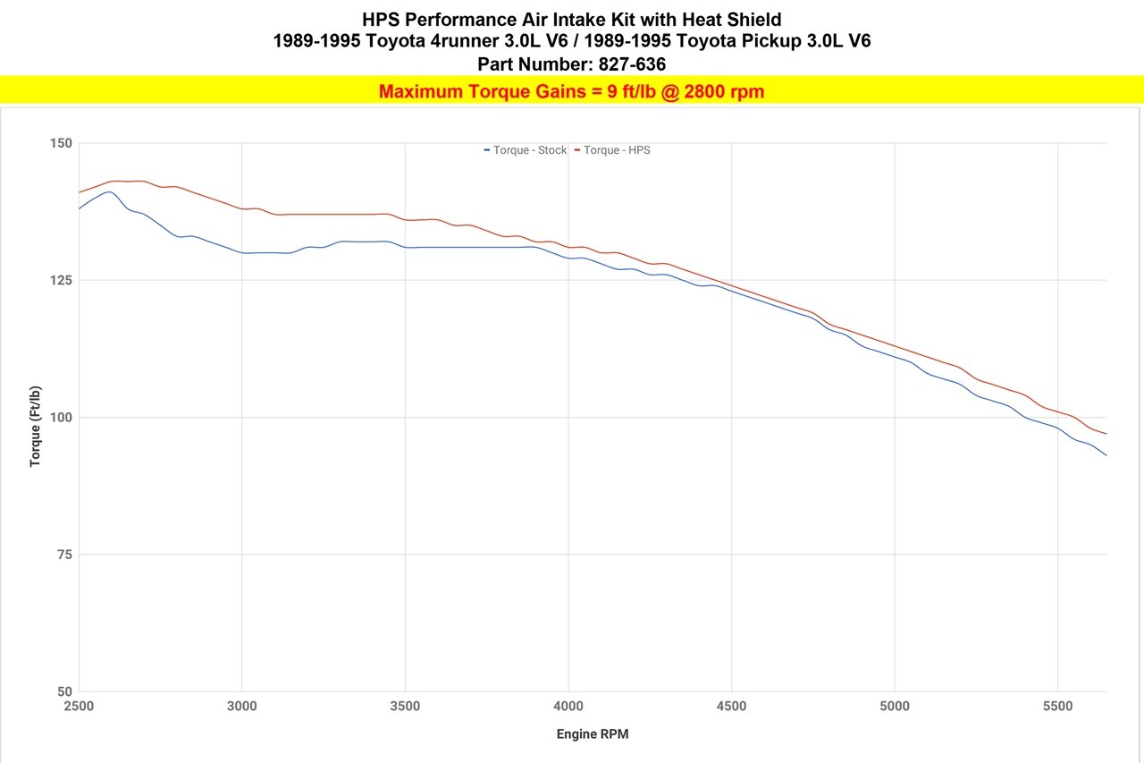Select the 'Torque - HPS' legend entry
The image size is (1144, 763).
click(617, 150)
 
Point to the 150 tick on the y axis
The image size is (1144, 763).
click(61, 143)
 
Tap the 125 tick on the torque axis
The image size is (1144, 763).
click(61, 280)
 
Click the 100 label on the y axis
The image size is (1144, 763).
click(61, 418)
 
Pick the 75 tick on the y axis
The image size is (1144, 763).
click(64, 555)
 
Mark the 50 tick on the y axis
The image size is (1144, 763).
click(64, 691)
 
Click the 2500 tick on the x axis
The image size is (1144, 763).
click(79, 707)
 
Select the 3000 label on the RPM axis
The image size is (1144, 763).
click(242, 707)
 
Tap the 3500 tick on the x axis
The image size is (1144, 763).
click(405, 707)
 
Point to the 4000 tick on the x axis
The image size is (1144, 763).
click(568, 707)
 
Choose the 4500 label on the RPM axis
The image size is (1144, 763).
click(731, 707)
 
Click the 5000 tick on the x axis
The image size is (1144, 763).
click(895, 707)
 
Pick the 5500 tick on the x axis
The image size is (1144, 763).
click(1057, 707)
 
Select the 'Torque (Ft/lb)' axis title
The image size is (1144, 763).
click(36, 427)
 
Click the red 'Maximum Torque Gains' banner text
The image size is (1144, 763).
click(571, 91)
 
